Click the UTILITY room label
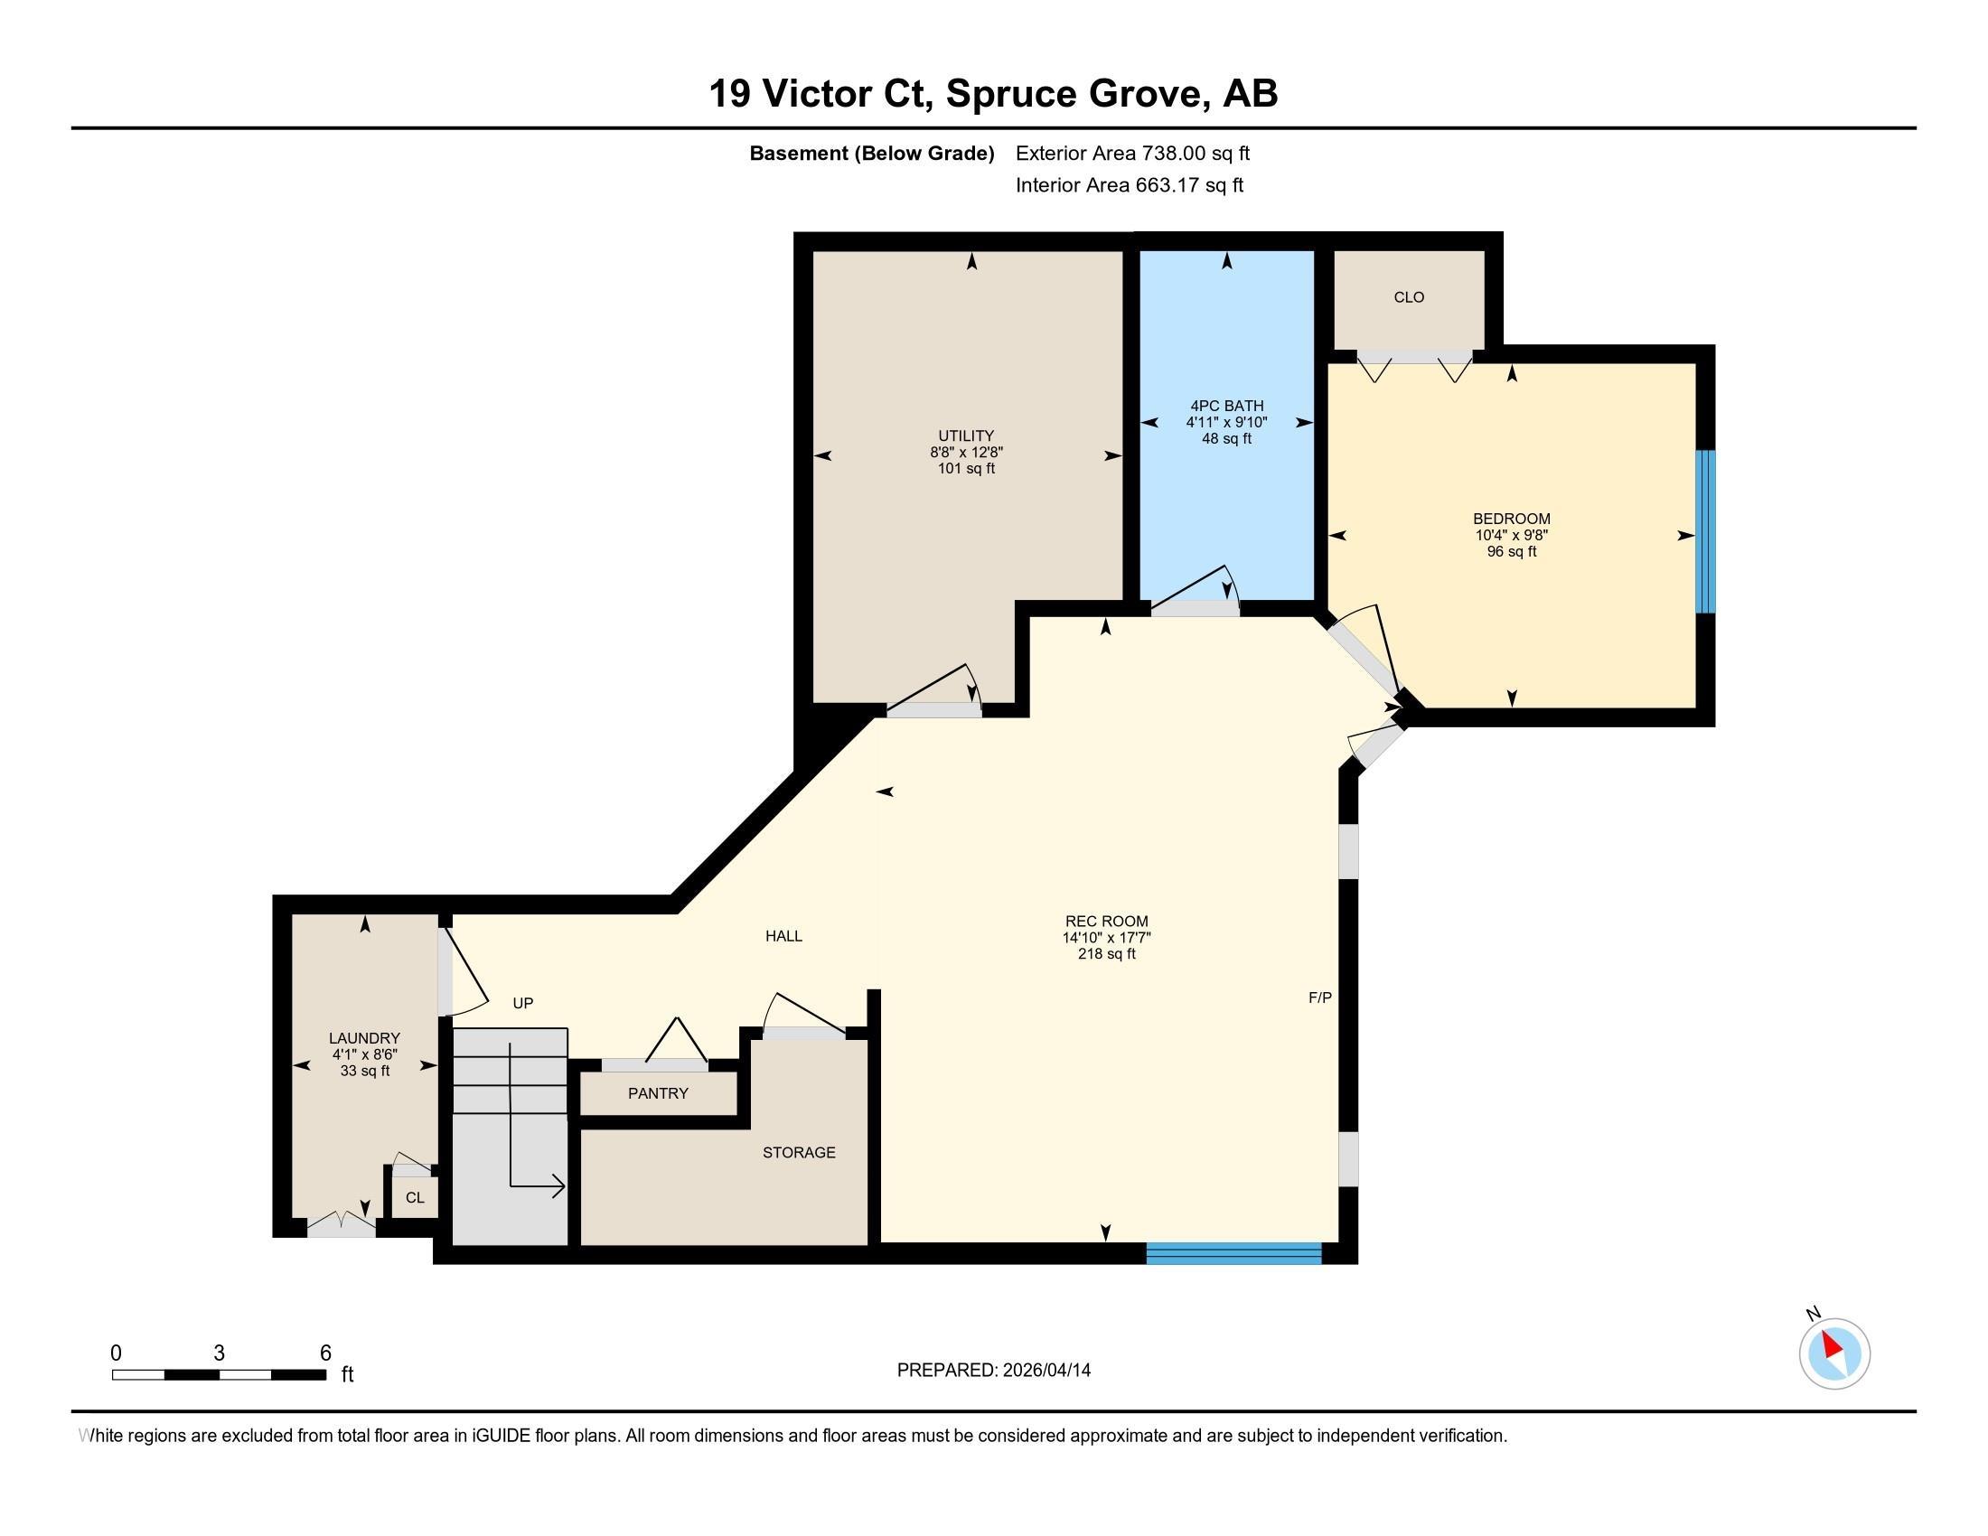point(966,436)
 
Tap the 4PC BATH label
point(1226,406)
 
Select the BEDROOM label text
point(1511,519)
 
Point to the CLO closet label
point(1408,297)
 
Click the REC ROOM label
point(1106,921)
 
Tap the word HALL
point(783,935)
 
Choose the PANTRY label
point(658,1093)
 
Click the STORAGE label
point(798,1152)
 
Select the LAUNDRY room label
point(364,1038)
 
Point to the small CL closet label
point(415,1197)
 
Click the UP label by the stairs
point(522,1003)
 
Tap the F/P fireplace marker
point(1320,997)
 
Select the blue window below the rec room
point(1233,1253)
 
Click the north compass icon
point(1834,1353)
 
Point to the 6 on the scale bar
point(326,1353)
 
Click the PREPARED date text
point(993,1370)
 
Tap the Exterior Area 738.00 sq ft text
point(1132,153)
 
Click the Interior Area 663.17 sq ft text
point(1129,184)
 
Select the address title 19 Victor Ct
point(821,94)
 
